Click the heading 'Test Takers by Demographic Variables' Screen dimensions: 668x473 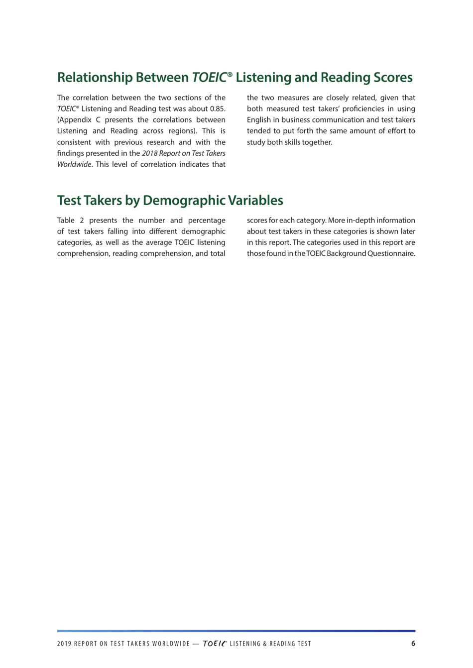tap(170, 200)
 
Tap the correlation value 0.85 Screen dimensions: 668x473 tap(217, 109)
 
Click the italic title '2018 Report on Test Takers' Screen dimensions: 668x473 tap(183, 153)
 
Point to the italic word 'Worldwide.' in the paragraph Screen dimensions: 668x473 tap(75, 164)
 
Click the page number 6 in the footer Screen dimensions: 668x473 tap(413, 643)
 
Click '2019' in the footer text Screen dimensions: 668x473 tap(64, 644)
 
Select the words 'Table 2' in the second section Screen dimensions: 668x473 tap(71, 221)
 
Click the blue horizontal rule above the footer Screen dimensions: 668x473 tap(236, 631)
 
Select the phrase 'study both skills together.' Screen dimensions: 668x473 tap(289, 142)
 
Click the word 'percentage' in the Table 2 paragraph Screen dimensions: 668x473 tap(206, 221)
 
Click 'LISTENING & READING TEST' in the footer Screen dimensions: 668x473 tap(270, 644)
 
